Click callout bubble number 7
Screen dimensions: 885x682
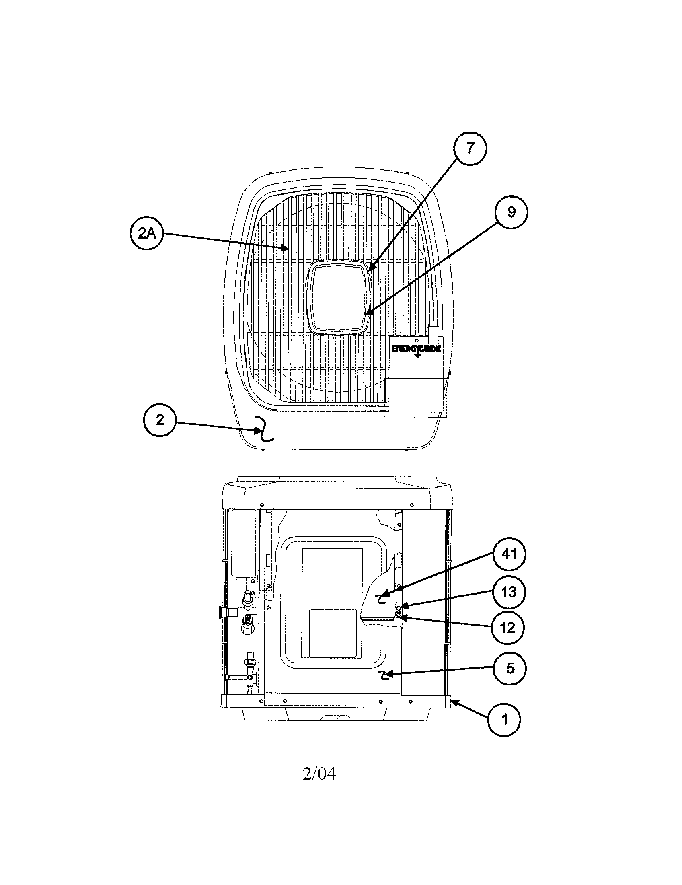pyautogui.click(x=470, y=149)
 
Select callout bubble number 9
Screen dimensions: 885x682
pyautogui.click(x=511, y=212)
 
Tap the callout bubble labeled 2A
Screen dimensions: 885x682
pyautogui.click(x=146, y=234)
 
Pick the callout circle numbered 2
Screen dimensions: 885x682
pyautogui.click(x=160, y=420)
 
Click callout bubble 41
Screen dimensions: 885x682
pyautogui.click(x=509, y=554)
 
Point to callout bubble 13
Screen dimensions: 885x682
pyautogui.click(x=509, y=593)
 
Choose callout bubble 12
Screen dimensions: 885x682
pyautogui.click(x=508, y=628)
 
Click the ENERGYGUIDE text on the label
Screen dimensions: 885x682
pyautogui.click(x=416, y=348)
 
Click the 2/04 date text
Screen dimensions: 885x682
pyautogui.click(x=319, y=774)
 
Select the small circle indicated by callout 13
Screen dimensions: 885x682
pyautogui.click(x=399, y=609)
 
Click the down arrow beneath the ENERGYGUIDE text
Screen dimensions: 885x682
pyautogui.click(x=417, y=355)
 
